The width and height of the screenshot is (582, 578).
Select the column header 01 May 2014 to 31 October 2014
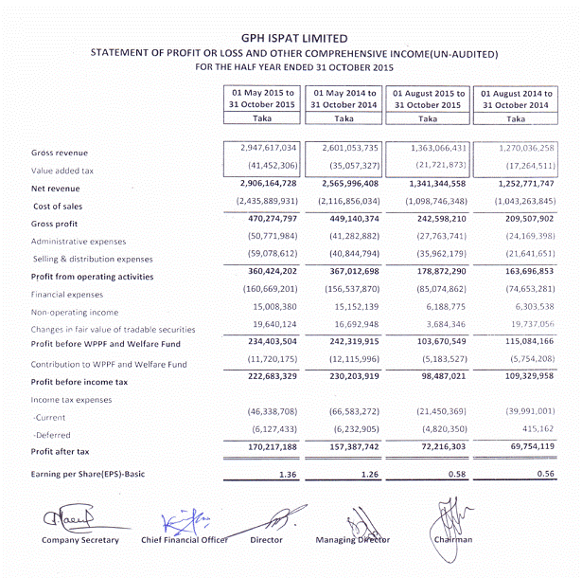pos(344,99)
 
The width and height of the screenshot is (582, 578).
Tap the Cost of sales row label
pos(60,206)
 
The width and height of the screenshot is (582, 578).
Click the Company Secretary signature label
pos(80,540)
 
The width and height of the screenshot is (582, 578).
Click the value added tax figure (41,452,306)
pos(267,168)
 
